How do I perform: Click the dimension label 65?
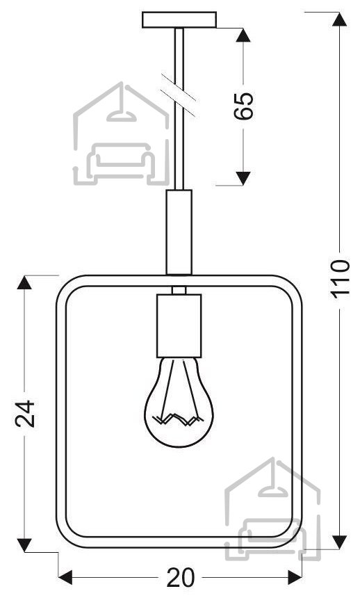243,106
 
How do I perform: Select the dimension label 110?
340,278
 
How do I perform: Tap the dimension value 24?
25,414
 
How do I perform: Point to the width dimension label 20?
181,578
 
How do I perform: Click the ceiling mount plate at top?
179,20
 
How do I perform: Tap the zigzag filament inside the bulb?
178,419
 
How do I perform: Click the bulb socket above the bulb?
179,325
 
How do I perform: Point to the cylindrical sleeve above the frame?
179,232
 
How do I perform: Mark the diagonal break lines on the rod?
179,95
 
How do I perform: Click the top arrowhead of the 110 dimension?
339,19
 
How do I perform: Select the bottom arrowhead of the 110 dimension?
339,542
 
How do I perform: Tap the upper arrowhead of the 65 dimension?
243,35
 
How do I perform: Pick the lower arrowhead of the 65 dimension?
243,178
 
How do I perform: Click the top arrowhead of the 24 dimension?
24,282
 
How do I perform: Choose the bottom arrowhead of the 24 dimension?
24,544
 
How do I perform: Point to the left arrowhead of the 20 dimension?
65,577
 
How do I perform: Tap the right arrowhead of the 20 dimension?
295,577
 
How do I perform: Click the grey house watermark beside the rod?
121,134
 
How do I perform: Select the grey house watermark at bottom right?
272,509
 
